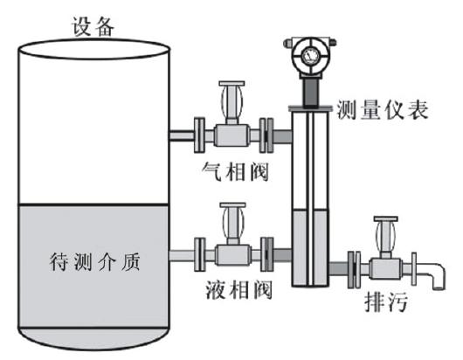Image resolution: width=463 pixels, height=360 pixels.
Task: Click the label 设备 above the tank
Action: pos(93,27)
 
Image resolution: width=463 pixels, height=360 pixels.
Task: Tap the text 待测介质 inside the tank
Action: pos(94,261)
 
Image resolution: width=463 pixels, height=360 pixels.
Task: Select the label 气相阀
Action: pos(235,171)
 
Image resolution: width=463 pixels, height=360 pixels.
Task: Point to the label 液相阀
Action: pos(238,290)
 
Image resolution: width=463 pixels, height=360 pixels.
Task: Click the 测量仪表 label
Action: pos(383,109)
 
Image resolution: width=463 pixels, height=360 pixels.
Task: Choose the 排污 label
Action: pos(386,301)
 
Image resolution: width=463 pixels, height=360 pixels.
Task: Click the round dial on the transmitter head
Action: pos(310,55)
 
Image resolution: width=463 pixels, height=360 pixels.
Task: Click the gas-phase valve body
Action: pos(231,135)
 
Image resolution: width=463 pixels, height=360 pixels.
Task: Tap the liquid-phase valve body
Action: pos(233,255)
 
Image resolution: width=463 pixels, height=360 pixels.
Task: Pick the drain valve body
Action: pos(385,268)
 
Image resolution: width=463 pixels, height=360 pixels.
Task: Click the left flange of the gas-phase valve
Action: pos(199,135)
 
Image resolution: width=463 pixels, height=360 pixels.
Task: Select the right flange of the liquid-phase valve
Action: pos(267,254)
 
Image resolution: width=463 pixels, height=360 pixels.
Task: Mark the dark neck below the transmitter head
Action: pos(310,93)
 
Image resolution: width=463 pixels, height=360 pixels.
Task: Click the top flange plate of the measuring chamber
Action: pos(310,108)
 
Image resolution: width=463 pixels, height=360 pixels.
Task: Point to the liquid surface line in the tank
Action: pos(93,204)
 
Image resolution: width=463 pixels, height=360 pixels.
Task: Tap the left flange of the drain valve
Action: pos(354,269)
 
